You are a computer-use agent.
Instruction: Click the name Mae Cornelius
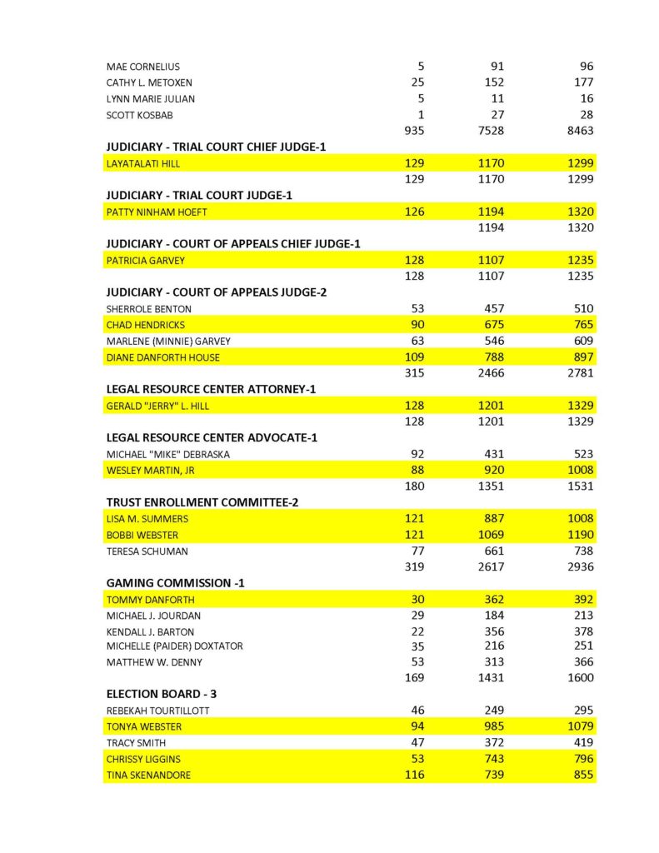point(142,67)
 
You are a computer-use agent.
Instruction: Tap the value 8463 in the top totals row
point(577,131)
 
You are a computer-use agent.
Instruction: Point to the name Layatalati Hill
point(142,163)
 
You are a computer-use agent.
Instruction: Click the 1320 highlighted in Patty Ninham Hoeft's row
point(577,212)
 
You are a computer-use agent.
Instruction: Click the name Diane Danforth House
point(163,357)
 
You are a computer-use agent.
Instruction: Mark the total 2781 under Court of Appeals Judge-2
point(577,373)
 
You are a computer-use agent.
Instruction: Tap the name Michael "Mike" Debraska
point(168,454)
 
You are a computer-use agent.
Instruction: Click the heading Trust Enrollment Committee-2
point(202,502)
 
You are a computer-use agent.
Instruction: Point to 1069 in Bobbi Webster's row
point(493,535)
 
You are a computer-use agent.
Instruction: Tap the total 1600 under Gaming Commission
point(577,678)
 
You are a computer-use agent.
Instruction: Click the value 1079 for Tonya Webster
point(577,726)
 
